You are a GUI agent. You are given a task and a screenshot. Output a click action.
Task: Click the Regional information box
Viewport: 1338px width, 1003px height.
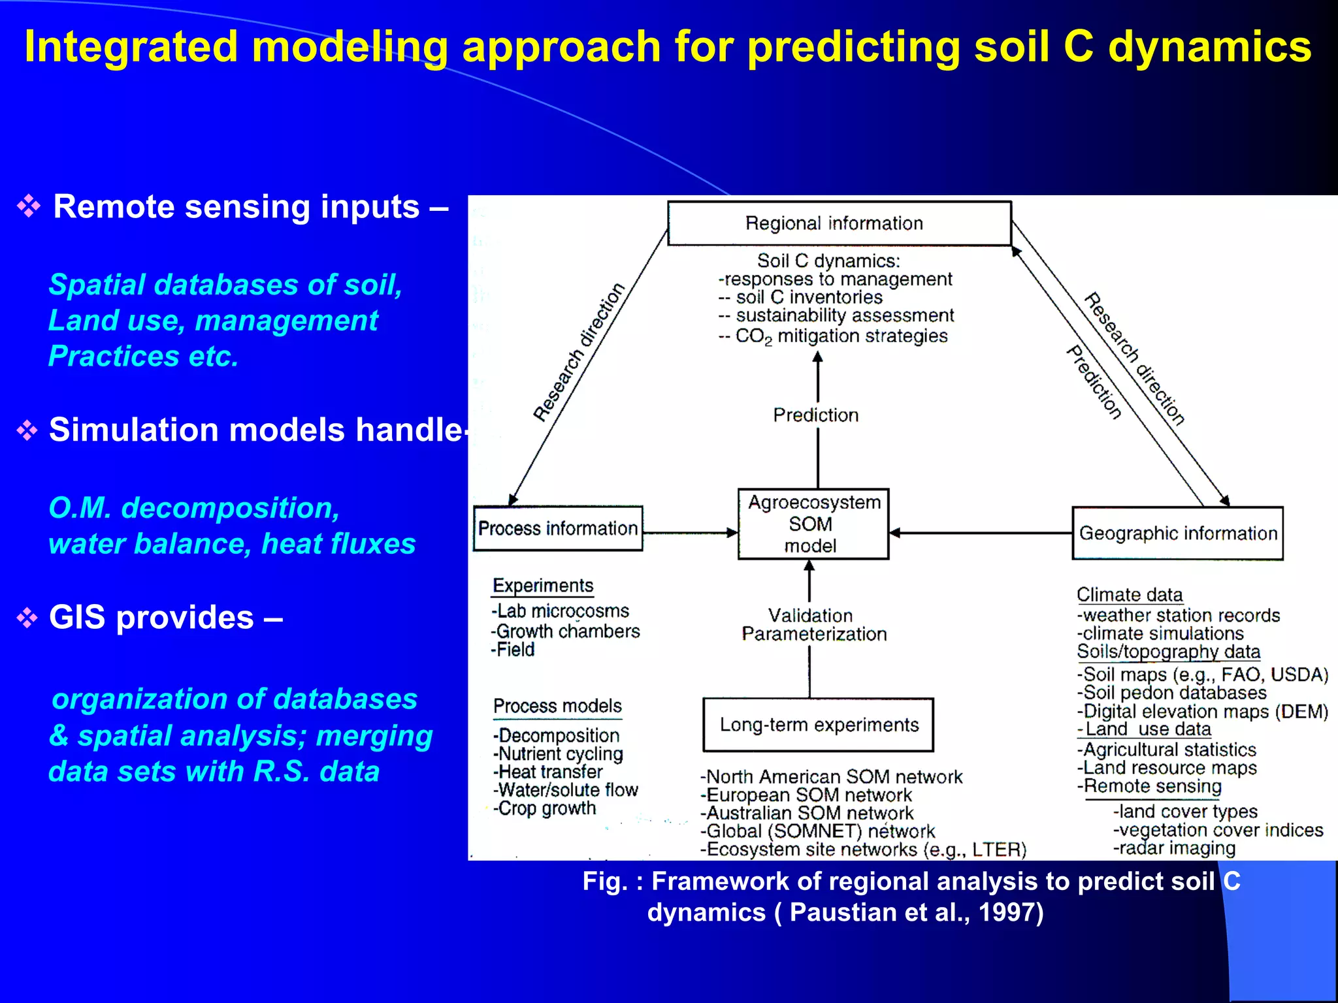[839, 223]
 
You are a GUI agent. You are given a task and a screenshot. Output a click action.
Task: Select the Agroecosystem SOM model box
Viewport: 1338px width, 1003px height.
[813, 524]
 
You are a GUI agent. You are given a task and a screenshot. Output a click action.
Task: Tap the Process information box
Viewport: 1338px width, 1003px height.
[557, 528]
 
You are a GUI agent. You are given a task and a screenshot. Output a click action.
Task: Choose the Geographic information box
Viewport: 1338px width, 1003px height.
[1177, 533]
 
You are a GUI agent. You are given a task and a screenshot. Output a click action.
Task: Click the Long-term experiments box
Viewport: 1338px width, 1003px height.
[818, 725]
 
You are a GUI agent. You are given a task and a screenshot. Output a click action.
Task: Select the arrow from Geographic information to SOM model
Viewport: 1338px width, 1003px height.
[980, 533]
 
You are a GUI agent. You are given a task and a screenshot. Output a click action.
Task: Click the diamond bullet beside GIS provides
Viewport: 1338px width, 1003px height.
[27, 618]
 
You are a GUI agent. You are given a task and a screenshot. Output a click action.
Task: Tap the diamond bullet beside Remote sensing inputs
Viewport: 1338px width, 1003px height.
[29, 206]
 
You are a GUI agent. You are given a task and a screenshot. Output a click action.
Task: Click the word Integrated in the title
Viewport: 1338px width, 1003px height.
[131, 47]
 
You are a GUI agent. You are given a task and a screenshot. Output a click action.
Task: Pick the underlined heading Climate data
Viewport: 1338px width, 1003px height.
[1130, 595]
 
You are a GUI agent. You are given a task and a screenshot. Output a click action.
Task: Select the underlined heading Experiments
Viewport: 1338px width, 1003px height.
[543, 586]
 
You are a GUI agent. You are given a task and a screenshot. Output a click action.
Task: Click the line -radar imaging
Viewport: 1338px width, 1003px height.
[1174, 848]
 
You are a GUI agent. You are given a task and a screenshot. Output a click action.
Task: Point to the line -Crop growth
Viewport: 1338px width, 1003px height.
[544, 808]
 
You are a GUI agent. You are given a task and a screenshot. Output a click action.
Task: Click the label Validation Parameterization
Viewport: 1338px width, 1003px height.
[813, 625]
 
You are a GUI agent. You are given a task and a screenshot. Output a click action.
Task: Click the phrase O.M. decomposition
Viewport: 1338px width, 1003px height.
[194, 508]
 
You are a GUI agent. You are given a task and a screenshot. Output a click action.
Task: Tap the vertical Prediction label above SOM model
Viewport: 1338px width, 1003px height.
[816, 415]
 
